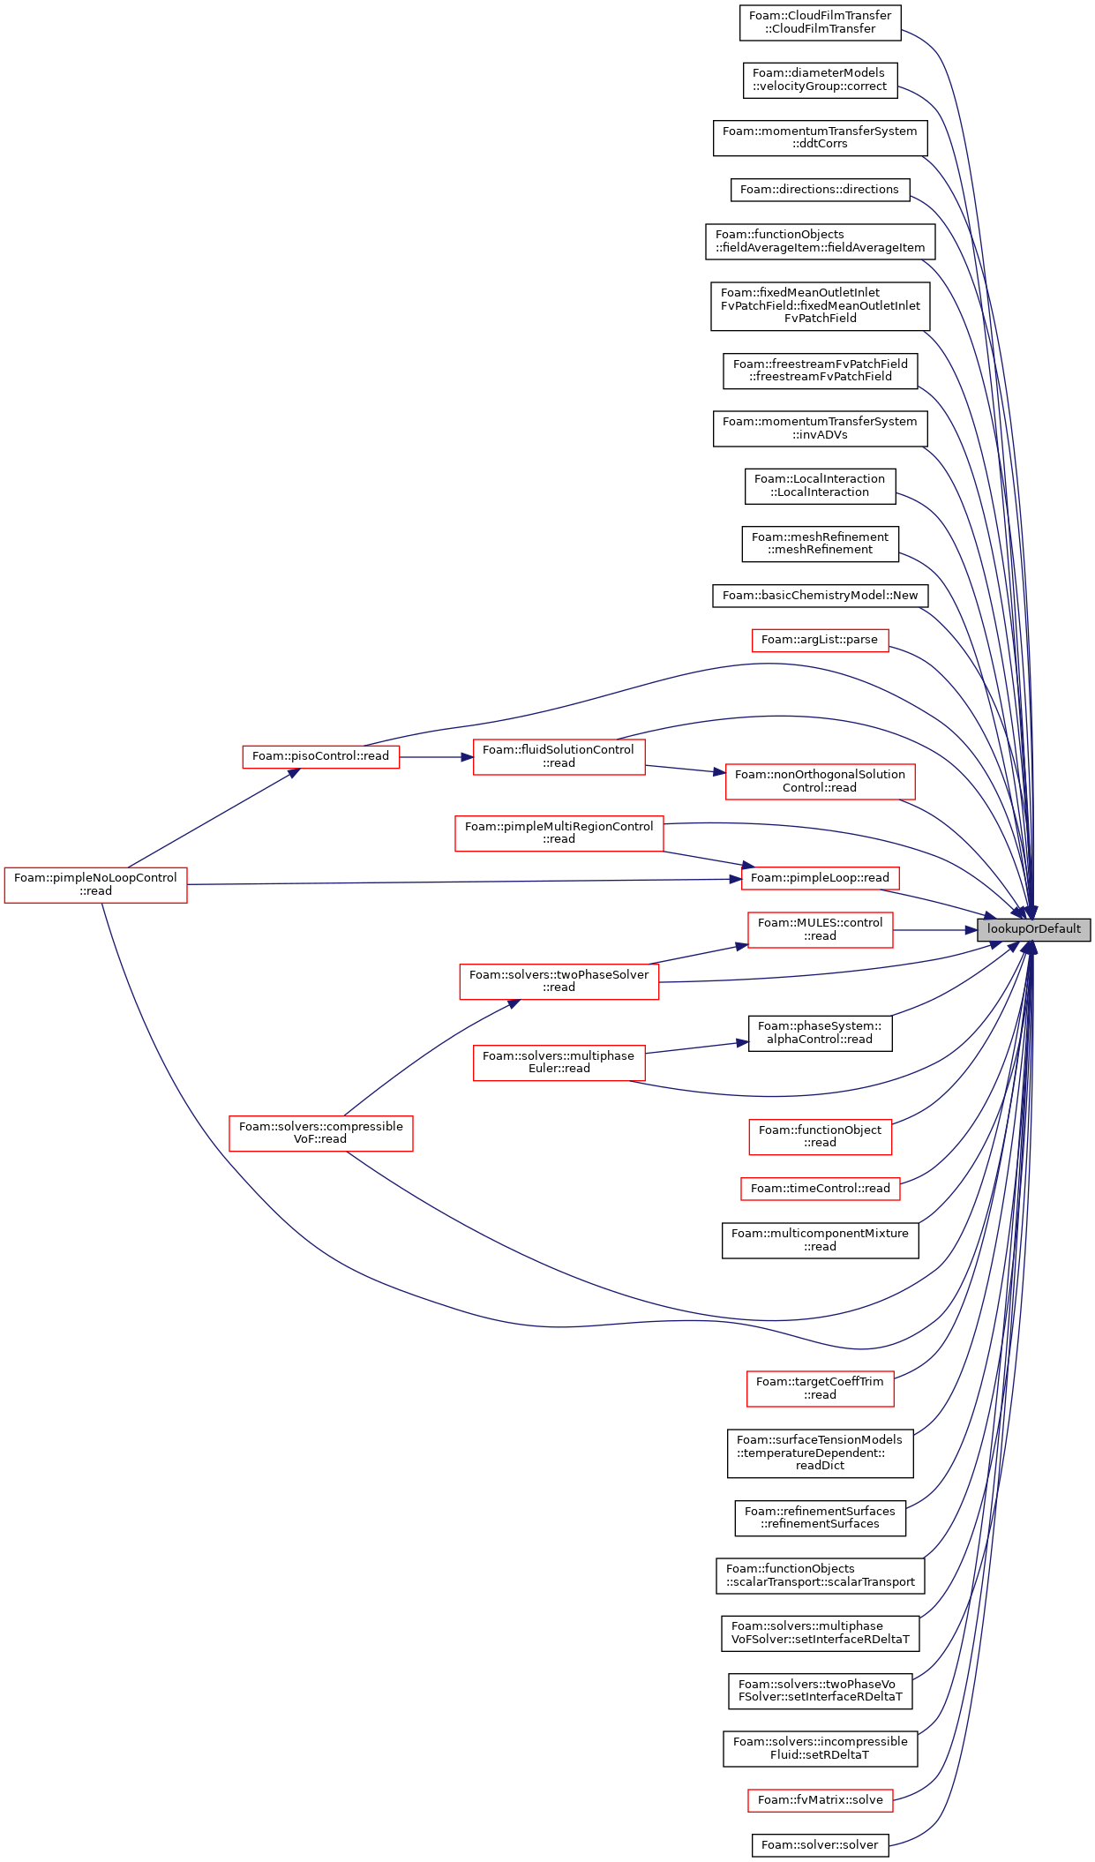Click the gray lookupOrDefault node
[x=1033, y=929]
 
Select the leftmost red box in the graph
[x=95, y=884]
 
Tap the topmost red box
[x=820, y=641]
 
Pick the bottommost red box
[x=820, y=1800]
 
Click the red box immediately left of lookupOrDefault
[x=820, y=930]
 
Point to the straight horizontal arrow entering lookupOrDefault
[x=935, y=930]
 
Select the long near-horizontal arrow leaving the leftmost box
[x=459, y=882]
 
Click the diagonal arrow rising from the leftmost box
[x=212, y=818]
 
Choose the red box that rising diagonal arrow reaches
[x=320, y=757]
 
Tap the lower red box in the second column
[x=320, y=1134]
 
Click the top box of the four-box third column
[x=559, y=757]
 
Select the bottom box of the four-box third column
[x=559, y=1063]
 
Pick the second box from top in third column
[x=559, y=834]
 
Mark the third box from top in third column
[x=559, y=982]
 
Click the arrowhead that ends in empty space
[x=743, y=1042]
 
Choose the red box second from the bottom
[x=820, y=1389]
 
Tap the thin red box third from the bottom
[x=820, y=1190]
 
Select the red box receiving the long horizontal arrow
[x=820, y=879]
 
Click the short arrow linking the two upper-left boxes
[x=436, y=757]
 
